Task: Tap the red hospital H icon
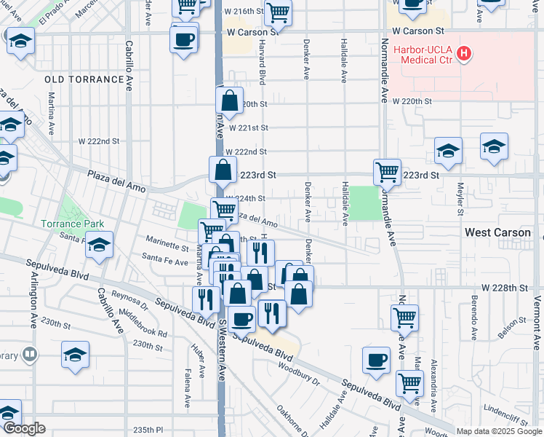(x=464, y=55)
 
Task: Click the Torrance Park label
(x=73, y=224)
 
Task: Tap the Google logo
(x=24, y=428)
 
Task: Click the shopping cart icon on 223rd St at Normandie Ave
(x=387, y=173)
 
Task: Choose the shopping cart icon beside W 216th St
(x=278, y=12)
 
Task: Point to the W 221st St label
(x=248, y=127)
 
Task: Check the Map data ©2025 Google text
(x=498, y=431)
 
